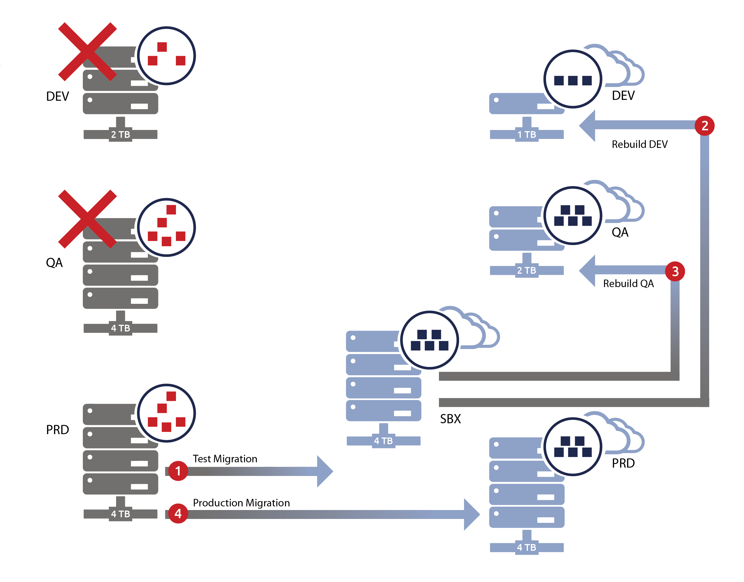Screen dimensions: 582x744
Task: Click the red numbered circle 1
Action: coord(178,471)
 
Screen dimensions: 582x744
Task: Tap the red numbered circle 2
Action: coord(704,125)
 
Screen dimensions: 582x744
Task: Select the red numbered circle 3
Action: coord(675,271)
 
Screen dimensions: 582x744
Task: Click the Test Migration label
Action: coord(225,459)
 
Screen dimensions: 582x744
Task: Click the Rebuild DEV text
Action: coord(639,144)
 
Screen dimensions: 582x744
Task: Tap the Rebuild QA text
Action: coord(628,283)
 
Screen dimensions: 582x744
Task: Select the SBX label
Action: coord(450,419)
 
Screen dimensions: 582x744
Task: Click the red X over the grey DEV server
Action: coord(87,51)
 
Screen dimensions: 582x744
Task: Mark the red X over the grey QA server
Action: coord(87,219)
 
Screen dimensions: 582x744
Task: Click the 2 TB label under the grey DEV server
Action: coord(120,134)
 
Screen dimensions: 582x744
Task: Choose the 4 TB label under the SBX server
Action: coord(383,441)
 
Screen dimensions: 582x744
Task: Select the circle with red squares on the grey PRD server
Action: coord(166,413)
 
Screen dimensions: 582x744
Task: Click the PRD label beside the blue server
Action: coord(623,463)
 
